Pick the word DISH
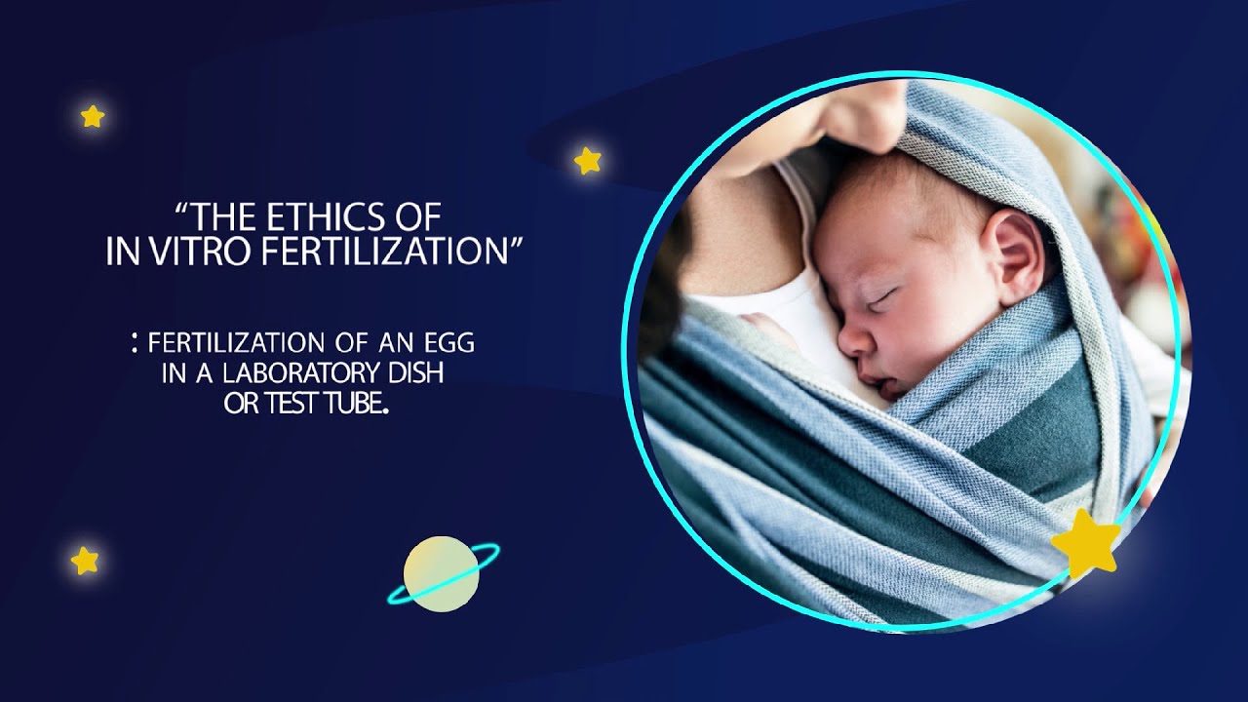(419, 374)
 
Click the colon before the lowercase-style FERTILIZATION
(133, 342)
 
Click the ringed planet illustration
(442, 574)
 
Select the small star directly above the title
(587, 160)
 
